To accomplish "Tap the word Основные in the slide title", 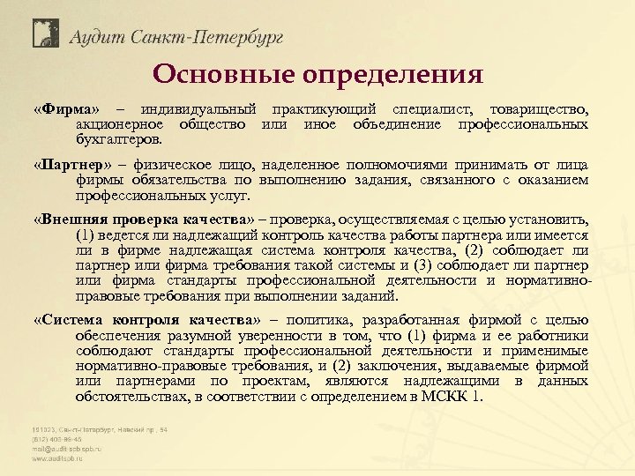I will [220, 74].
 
